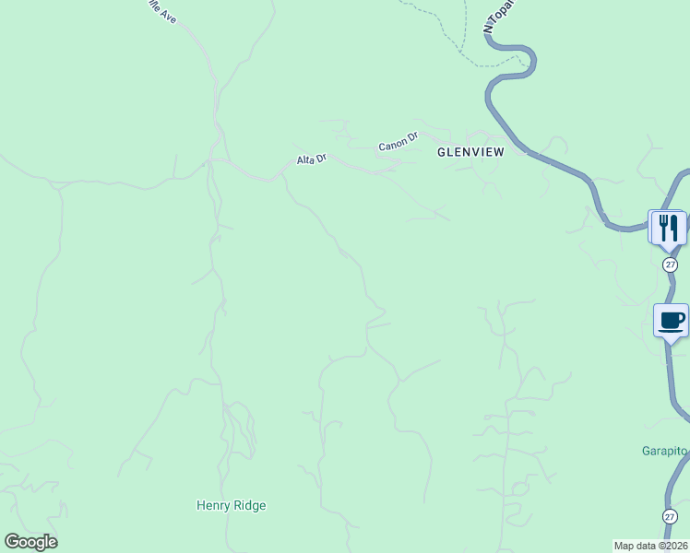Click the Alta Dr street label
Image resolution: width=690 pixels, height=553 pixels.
coord(311,159)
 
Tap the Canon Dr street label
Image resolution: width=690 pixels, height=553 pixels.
coord(398,146)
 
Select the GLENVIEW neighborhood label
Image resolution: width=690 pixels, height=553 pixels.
coord(470,152)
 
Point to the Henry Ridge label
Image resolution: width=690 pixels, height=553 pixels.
coord(231,505)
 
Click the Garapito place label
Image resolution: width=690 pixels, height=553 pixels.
coord(665,451)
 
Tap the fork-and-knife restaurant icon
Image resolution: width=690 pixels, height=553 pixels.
coord(669,227)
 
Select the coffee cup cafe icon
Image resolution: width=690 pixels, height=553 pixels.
coord(672,321)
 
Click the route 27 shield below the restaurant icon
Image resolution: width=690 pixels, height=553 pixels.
coord(670,264)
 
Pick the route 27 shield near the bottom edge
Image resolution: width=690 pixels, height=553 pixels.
coord(670,516)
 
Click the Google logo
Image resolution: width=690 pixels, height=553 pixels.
coord(30,542)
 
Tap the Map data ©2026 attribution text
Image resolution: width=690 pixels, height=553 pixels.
coord(650,546)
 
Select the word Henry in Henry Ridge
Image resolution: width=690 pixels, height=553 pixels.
coord(213,505)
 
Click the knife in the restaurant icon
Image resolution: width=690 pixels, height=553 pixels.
coord(675,227)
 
